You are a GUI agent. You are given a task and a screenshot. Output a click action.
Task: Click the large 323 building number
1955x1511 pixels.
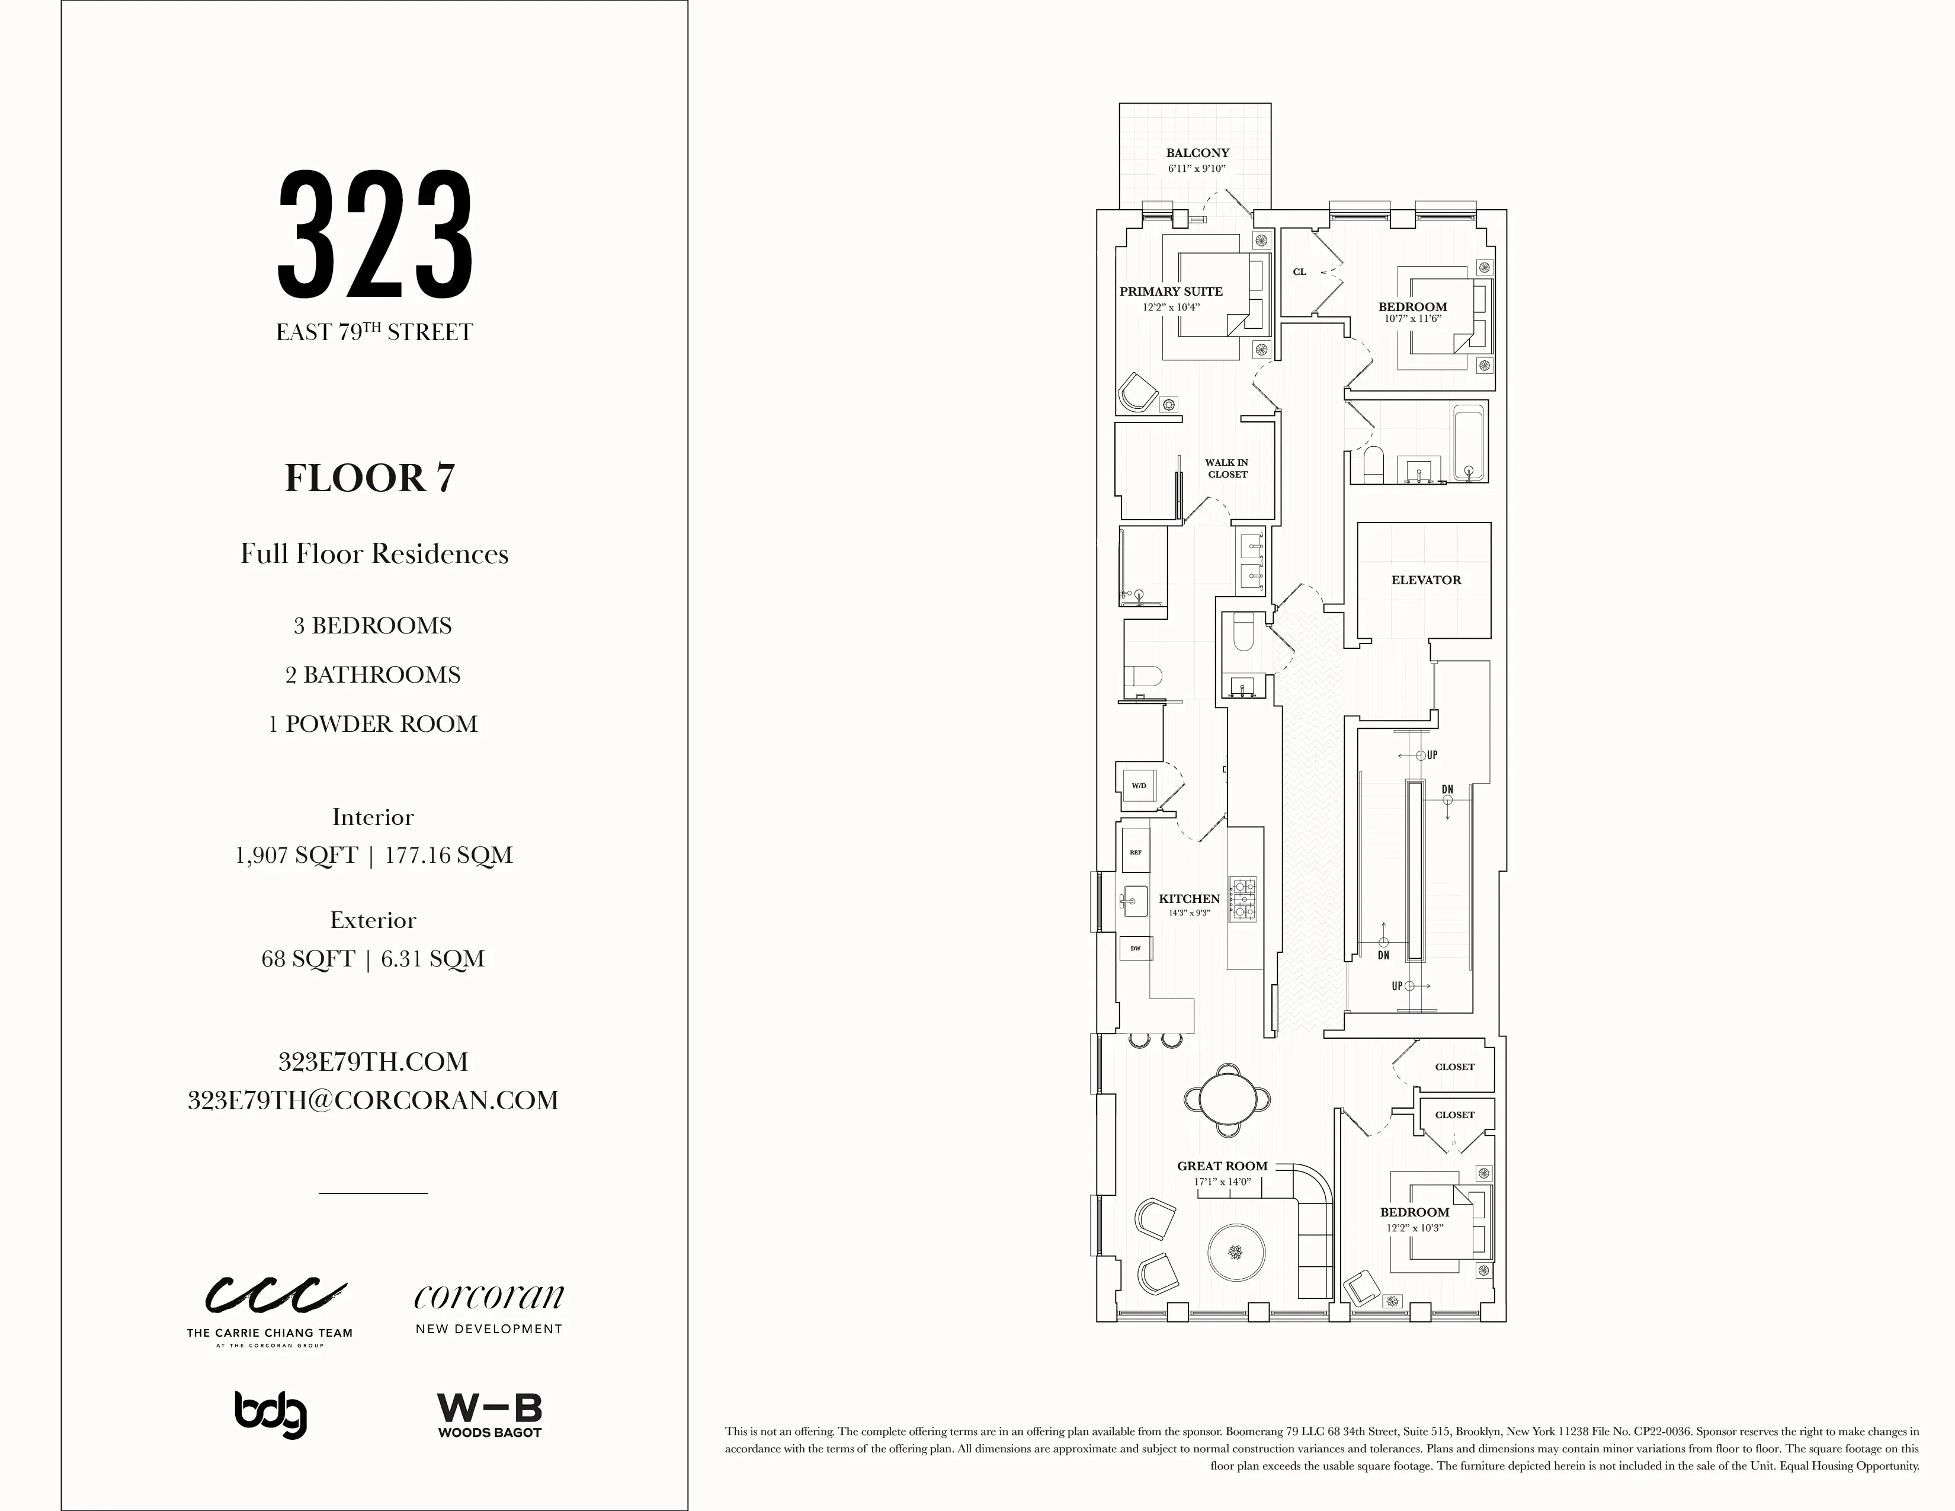[x=375, y=235]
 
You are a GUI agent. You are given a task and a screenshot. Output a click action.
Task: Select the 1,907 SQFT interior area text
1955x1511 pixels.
[x=296, y=855]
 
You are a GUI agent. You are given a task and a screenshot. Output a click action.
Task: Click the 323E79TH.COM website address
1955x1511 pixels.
[x=373, y=1062]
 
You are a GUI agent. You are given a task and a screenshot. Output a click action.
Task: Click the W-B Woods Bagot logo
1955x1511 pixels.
[x=490, y=1415]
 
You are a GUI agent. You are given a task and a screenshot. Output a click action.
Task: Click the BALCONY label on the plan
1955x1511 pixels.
[x=1197, y=153]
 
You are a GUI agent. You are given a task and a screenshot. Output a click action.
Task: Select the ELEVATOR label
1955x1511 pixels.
[x=1426, y=580]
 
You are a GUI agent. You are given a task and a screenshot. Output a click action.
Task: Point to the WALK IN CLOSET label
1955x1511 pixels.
[x=1226, y=468]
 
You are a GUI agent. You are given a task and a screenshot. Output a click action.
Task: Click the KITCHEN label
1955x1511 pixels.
[x=1189, y=899]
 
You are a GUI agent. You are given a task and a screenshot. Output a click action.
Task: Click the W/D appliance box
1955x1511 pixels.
[x=1139, y=786]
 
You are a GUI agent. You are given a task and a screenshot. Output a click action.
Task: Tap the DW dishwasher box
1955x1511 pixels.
[x=1135, y=948]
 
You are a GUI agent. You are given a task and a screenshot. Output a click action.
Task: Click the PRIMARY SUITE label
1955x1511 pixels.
[x=1171, y=291]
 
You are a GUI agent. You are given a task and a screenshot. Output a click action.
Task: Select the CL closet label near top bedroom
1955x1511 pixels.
[x=1300, y=272]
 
